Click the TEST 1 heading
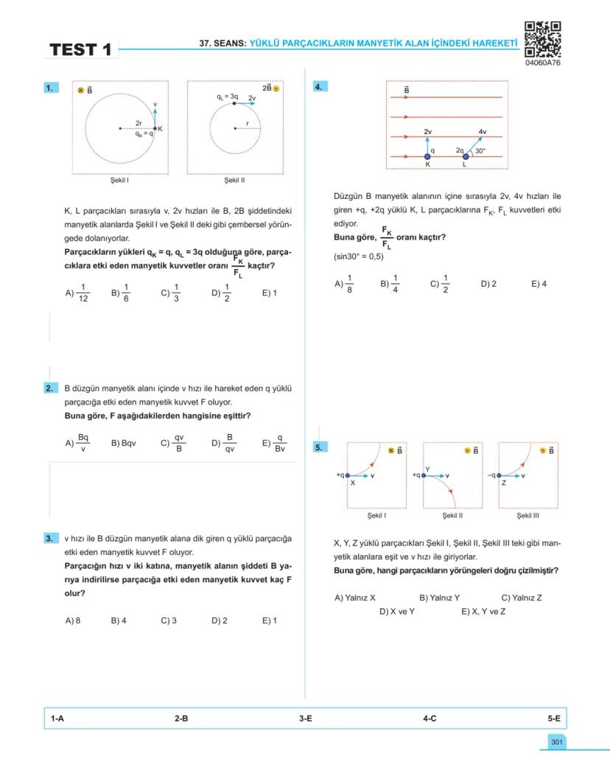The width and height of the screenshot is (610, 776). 81,50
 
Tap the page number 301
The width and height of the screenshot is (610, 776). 556,741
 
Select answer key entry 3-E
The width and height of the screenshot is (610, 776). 305,717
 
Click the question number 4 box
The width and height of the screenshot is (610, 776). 320,87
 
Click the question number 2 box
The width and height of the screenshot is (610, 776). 50,388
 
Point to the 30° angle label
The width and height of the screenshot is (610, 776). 480,151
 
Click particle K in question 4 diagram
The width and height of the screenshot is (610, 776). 428,156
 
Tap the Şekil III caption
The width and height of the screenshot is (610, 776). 527,515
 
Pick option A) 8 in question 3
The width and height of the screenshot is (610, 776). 73,621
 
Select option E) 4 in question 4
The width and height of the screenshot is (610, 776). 539,284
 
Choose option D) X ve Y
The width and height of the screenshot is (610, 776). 397,612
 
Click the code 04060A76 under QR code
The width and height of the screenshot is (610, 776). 543,63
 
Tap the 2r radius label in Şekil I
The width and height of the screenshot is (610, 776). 139,123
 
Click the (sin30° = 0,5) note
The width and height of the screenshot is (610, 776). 359,257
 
